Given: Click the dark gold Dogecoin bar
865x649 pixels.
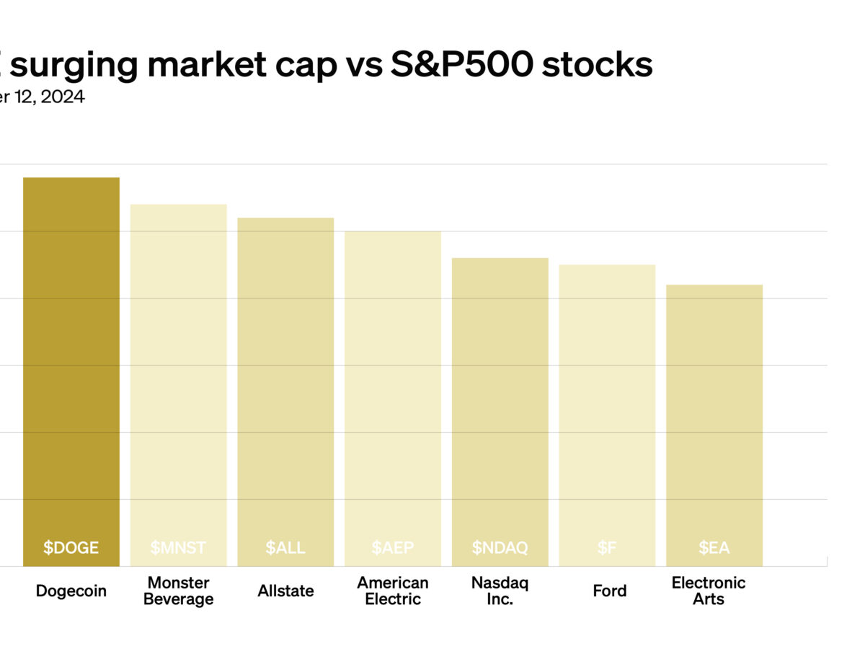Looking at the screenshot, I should (x=71, y=361).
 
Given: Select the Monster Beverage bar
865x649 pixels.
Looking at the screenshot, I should (x=178, y=375).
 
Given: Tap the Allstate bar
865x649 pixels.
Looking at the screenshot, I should (x=285, y=382).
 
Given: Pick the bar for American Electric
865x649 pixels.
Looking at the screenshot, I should (x=393, y=389).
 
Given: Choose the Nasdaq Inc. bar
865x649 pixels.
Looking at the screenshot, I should (x=500, y=404).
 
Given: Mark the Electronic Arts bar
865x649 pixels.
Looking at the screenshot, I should (x=714, y=418).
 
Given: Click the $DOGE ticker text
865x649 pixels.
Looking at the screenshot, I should (x=71, y=547).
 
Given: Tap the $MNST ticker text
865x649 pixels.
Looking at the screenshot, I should (x=178, y=547).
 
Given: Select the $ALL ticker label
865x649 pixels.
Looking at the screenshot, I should (x=285, y=547).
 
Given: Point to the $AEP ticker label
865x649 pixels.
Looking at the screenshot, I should (x=393, y=547).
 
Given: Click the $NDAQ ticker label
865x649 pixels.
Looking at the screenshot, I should (x=500, y=547).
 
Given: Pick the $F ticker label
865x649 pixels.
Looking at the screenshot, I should (x=607, y=547).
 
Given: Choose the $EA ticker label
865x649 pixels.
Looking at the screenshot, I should (x=714, y=547).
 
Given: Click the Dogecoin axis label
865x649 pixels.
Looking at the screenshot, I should (x=71, y=591).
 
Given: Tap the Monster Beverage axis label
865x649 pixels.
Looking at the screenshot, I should (x=178, y=591).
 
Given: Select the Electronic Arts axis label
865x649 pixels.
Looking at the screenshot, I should (x=709, y=591).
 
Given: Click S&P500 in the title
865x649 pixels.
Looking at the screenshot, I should (x=461, y=65).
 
